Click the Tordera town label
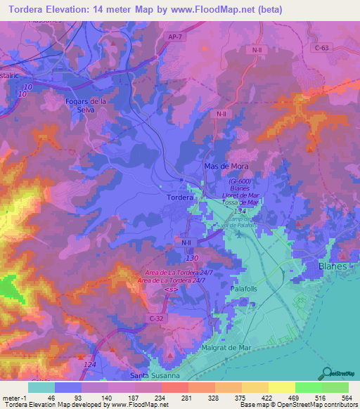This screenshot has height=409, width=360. tap(180, 197)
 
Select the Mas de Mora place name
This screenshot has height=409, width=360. tap(227, 165)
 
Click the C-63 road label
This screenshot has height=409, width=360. tap(321, 48)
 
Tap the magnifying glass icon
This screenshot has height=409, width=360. tap(326, 372)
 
